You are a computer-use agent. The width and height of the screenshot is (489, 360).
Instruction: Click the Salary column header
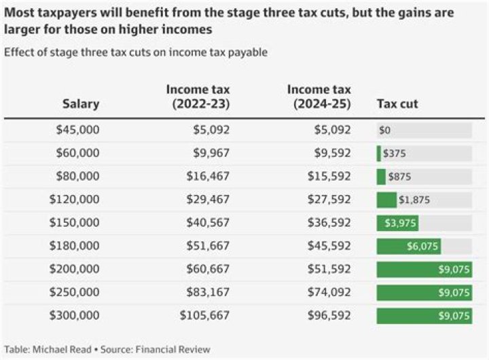click(81, 104)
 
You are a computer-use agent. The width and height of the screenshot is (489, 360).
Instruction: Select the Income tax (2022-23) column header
click(199, 97)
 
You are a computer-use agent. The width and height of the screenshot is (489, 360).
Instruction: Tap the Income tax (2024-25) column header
click(319, 97)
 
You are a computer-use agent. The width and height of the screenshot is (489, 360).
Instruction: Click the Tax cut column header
click(397, 104)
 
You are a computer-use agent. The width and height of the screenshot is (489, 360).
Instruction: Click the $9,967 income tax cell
click(209, 153)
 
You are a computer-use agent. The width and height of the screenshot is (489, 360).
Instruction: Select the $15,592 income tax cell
click(329, 177)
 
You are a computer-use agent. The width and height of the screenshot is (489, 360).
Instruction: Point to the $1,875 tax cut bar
click(387, 200)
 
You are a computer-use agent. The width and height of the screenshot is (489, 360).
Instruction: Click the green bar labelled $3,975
click(397, 223)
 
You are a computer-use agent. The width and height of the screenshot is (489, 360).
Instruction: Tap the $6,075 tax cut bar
click(408, 247)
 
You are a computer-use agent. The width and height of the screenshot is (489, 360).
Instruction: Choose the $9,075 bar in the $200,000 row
click(424, 270)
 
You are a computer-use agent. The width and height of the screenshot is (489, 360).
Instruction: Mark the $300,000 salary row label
click(75, 316)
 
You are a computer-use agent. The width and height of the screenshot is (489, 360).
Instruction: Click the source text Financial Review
click(173, 349)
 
